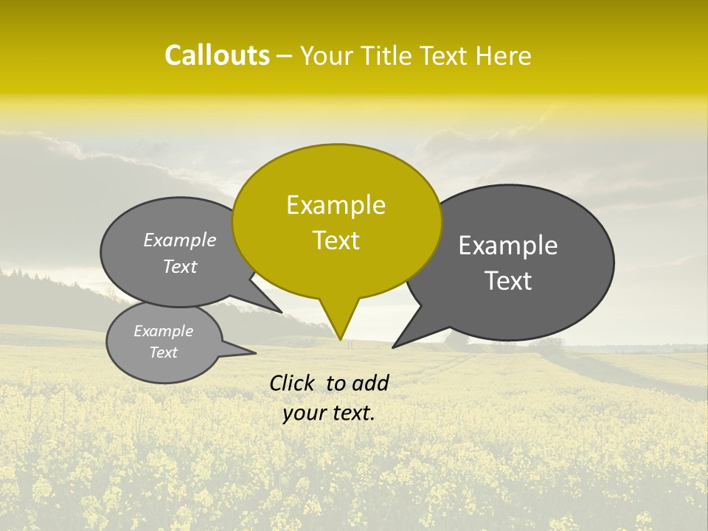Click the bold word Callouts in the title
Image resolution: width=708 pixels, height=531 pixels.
tap(217, 55)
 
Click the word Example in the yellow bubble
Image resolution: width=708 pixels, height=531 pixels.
tap(336, 205)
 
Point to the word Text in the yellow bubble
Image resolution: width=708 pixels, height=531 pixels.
tap(336, 240)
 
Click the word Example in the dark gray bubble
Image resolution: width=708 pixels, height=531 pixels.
tap(508, 246)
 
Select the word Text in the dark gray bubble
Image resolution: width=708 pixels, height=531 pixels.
tap(508, 281)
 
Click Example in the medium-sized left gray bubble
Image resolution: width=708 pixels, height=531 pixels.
tap(180, 240)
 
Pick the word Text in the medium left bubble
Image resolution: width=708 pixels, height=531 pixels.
tap(180, 267)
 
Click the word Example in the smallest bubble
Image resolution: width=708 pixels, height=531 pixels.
tap(163, 331)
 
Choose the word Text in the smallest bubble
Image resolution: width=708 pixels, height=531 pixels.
tap(163, 353)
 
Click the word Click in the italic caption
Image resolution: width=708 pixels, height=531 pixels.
tap(292, 383)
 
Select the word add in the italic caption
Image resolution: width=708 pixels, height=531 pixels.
tap(371, 383)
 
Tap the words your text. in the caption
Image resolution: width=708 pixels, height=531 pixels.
tap(328, 413)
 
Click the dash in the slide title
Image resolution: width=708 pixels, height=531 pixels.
tap(285, 55)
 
